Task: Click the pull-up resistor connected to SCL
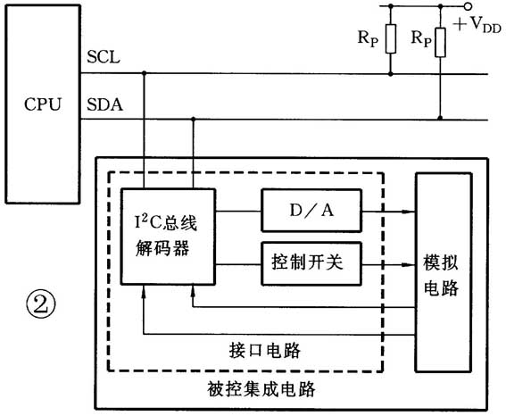[391, 40]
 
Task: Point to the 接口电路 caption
[253, 345]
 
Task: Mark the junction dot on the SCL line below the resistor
[391, 73]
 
